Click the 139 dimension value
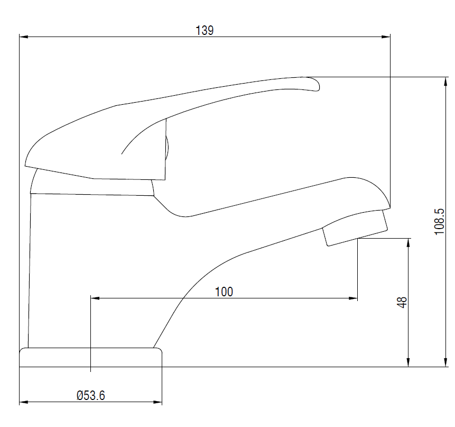(205, 31)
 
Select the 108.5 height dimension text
(439, 222)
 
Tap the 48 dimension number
(402, 302)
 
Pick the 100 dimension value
(224, 292)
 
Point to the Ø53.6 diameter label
(91, 395)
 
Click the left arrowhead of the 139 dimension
(24, 37)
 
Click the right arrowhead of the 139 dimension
(386, 37)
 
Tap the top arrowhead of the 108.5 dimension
(446, 81)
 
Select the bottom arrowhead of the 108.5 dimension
(446, 362)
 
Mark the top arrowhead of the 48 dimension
(408, 243)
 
